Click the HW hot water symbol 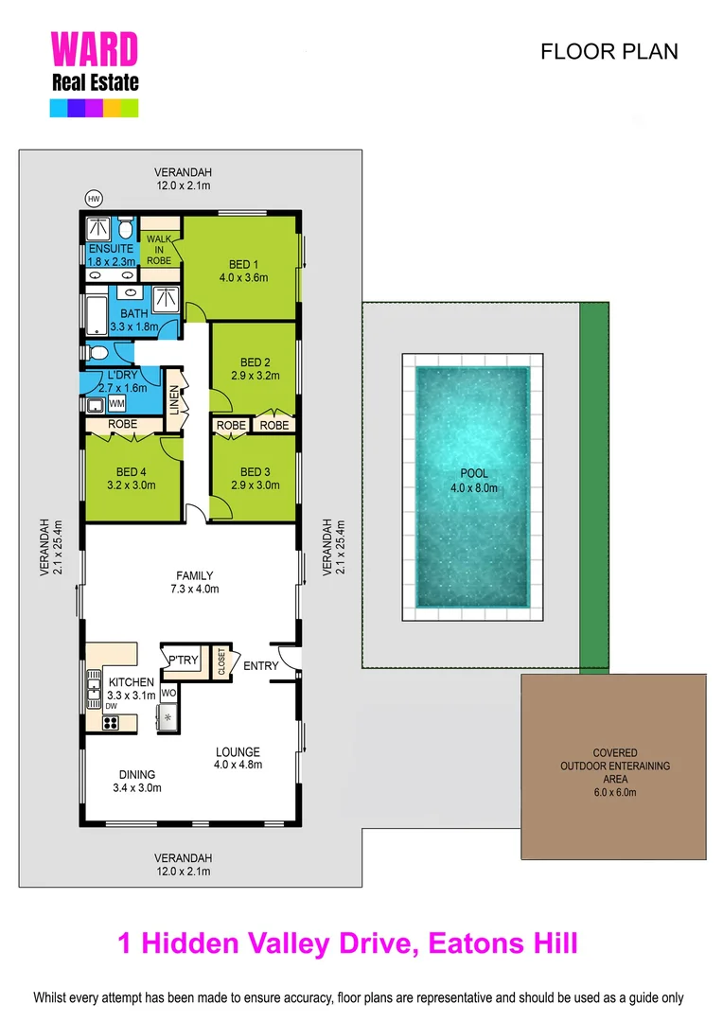click(94, 199)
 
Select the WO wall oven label click(168, 694)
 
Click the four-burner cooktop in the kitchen click(111, 723)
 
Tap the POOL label click(473, 473)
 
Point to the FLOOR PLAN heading click(608, 52)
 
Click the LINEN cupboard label click(174, 400)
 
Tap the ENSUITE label click(111, 249)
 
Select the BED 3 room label click(256, 472)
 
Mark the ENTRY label click(261, 665)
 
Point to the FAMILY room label click(195, 575)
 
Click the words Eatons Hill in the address click(503, 943)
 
